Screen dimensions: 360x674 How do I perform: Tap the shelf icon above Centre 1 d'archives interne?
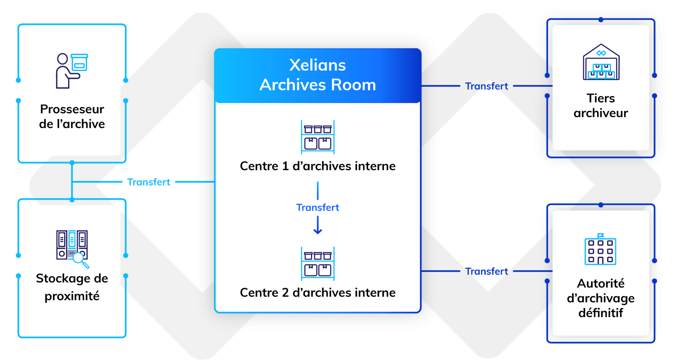tap(317, 137)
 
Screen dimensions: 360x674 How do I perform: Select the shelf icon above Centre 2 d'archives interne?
tap(317, 264)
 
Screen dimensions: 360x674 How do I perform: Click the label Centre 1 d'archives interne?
tap(317, 166)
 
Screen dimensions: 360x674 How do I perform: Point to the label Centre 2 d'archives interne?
tap(317, 293)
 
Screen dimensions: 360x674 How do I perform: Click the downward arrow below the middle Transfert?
tap(317, 225)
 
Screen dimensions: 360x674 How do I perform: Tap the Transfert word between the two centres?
tap(317, 207)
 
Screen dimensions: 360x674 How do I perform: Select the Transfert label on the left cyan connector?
tap(149, 182)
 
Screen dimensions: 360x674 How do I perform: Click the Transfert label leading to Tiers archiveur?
tap(486, 86)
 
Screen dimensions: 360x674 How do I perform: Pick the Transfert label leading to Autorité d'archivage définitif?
tap(486, 271)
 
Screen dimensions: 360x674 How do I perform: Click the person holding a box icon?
tap(71, 71)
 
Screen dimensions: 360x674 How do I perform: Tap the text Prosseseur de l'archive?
tap(72, 116)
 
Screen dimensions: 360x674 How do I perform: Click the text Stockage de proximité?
tap(72, 287)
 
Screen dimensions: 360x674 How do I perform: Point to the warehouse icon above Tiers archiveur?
tap(601, 62)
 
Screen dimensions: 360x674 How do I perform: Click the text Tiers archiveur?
tap(601, 106)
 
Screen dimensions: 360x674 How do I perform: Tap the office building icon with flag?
tap(600, 250)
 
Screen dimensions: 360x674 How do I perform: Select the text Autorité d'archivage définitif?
tap(601, 298)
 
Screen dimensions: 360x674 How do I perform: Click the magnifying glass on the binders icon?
tap(80, 259)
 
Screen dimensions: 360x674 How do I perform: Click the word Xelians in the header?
tap(317, 65)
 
